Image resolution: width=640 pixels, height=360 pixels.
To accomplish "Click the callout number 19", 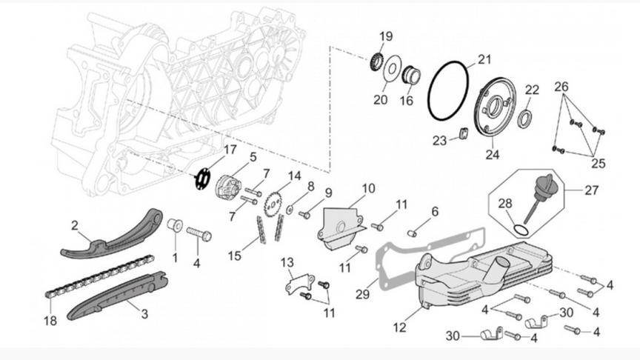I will [386, 37].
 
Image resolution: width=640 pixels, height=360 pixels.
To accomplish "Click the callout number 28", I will [504, 204].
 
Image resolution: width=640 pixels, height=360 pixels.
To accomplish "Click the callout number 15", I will [235, 256].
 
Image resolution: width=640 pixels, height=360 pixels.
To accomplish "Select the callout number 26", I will [562, 87].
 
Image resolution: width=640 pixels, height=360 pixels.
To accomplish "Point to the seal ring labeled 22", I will [527, 116].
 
